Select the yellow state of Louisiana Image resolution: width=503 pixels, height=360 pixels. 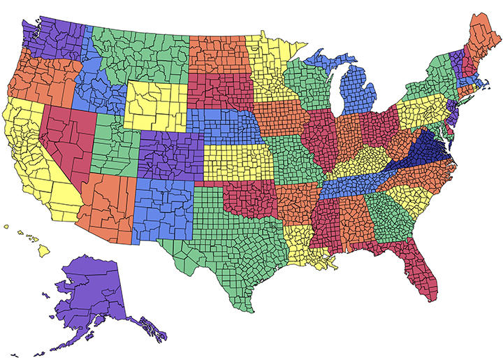[304, 245]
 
